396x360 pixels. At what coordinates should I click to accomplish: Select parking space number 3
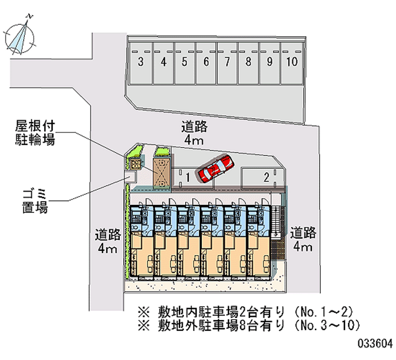(x=141, y=62)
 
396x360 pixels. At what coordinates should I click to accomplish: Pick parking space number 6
(x=206, y=62)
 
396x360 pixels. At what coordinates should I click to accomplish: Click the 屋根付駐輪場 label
(x=34, y=132)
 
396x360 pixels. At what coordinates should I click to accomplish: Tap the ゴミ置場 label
(x=34, y=200)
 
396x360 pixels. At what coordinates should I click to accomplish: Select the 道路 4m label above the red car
(x=194, y=134)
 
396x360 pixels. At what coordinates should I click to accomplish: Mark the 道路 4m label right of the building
(x=303, y=239)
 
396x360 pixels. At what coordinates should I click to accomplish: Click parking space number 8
(x=248, y=62)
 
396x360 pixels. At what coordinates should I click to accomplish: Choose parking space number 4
(x=163, y=62)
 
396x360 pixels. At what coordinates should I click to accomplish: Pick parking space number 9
(x=270, y=62)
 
